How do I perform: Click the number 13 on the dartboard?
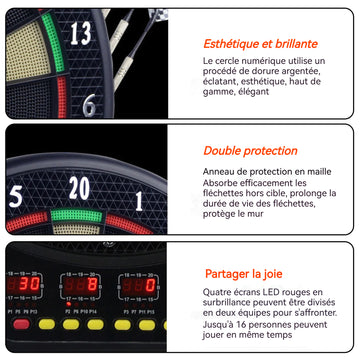coord(81,34)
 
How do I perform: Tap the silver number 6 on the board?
coord(89,105)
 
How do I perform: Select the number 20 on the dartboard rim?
coord(79,188)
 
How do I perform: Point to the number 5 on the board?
coord(15,196)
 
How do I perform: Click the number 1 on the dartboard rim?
coord(139,201)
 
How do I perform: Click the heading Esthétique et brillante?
coord(260,44)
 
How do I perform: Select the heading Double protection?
coord(250,151)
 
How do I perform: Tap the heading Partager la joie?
coord(244,274)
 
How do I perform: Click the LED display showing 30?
coord(24,284)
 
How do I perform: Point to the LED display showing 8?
coord(80,285)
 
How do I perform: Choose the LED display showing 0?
coord(139,286)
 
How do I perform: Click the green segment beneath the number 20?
coord(76,216)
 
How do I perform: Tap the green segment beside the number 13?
coord(53,42)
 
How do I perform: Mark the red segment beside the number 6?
coord(62,97)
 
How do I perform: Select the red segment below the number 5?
coord(27,221)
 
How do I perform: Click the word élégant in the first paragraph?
coord(254,92)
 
